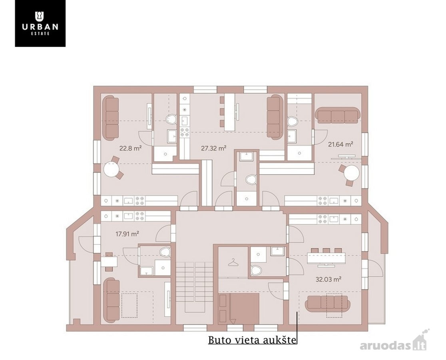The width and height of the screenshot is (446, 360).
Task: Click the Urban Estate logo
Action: [40, 23]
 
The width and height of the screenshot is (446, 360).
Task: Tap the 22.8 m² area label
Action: [131, 148]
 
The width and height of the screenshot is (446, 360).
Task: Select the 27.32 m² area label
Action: [214, 148]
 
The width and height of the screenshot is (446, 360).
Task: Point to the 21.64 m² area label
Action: [340, 144]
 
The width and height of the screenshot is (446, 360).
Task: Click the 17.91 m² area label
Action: [127, 234]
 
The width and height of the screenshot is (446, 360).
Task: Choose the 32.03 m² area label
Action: [328, 279]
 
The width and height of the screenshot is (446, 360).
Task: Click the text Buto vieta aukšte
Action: [252, 340]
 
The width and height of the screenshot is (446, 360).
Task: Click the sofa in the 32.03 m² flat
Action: [327, 304]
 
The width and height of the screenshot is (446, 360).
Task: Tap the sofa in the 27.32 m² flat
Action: [275, 117]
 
